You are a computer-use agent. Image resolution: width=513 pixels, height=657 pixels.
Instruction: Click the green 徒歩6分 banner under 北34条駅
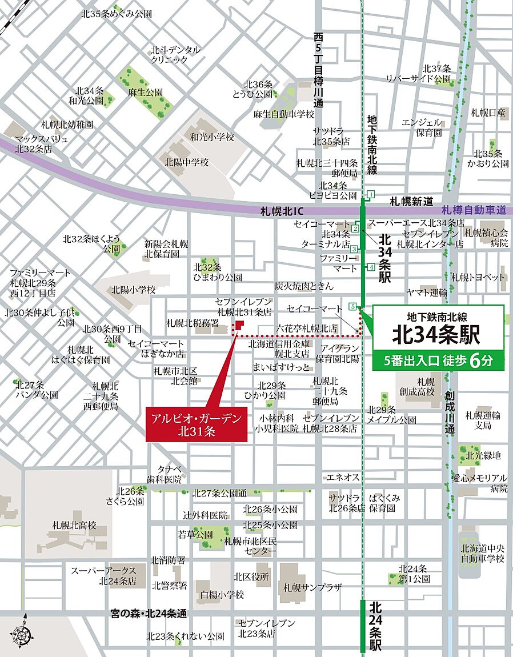coord(438,361)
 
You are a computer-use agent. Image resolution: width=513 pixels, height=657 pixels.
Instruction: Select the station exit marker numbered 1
coord(371,194)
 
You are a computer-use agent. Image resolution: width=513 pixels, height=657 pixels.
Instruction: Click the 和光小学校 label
coord(213,137)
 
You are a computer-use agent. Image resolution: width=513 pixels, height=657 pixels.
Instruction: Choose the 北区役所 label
coord(251,576)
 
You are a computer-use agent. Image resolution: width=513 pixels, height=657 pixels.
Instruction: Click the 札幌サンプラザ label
coord(312,587)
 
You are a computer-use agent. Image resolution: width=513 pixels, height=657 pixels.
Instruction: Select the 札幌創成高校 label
coord(426,387)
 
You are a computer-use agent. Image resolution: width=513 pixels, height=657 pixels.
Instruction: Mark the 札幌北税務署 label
coord(193,323)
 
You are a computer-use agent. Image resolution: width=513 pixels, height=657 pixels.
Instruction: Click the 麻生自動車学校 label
coord(284,114)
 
